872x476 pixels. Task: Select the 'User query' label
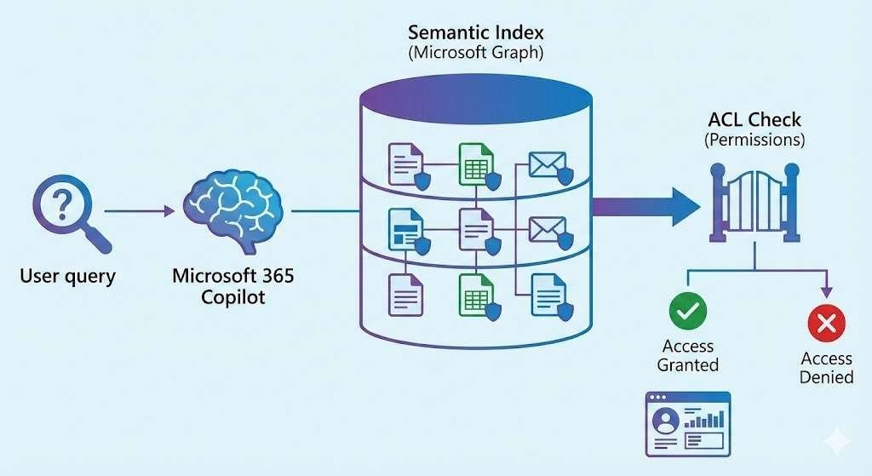tap(67, 276)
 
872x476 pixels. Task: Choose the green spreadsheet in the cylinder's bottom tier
tap(475, 291)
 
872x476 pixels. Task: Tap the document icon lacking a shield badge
tap(405, 293)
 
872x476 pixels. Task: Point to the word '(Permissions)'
tap(754, 140)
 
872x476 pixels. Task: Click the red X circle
tap(825, 323)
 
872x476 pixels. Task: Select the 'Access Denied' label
tap(826, 367)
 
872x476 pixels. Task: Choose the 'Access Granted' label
tap(687, 356)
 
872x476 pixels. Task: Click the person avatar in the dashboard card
tap(666, 420)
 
